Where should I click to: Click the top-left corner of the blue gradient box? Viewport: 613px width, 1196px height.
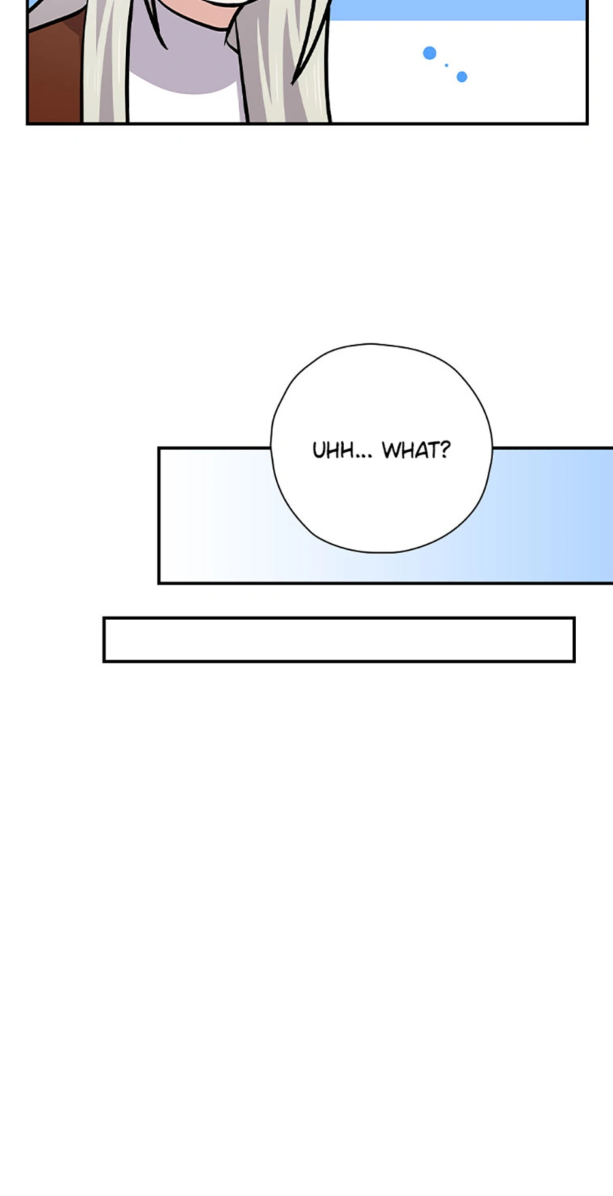(x=159, y=448)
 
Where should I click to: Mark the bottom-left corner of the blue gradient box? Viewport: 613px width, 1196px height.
(x=159, y=583)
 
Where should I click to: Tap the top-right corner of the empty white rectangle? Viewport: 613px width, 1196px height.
(x=574, y=618)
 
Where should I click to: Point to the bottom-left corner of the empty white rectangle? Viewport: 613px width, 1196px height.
(x=104, y=661)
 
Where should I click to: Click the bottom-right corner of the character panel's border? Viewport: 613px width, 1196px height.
(x=587, y=123)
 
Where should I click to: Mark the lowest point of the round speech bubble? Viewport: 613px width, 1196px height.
(x=381, y=553)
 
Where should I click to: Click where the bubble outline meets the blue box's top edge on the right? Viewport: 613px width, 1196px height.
(x=492, y=448)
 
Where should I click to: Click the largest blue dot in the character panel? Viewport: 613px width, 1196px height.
(x=429, y=53)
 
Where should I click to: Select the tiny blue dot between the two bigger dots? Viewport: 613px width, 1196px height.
(x=447, y=65)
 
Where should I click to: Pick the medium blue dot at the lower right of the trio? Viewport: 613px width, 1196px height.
(x=462, y=77)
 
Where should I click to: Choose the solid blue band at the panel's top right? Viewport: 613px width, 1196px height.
(x=456, y=10)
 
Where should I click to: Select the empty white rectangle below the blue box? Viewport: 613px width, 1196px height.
(x=339, y=639)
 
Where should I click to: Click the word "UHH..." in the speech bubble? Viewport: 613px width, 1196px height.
(x=342, y=450)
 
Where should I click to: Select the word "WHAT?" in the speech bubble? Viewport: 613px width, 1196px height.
(x=416, y=450)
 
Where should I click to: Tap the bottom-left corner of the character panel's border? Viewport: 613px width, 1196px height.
(x=27, y=123)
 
